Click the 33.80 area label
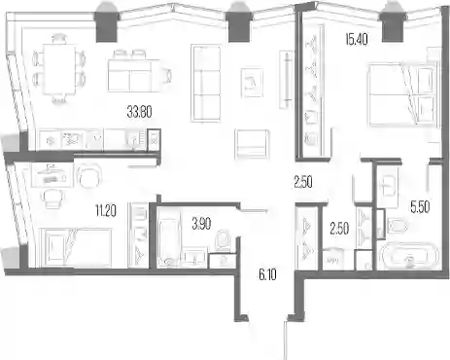point(140,112)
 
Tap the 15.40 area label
point(357,40)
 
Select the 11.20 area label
point(106,211)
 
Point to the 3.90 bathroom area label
point(201,224)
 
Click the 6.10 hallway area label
point(267,275)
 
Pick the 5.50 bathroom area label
point(420,207)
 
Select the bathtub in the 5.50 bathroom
point(410,256)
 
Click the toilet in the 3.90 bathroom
point(223,240)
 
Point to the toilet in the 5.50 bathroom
point(397,225)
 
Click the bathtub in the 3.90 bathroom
point(168,241)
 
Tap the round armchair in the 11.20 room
point(88,175)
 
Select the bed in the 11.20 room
point(75,248)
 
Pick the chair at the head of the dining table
point(59,39)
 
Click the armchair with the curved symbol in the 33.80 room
point(252,82)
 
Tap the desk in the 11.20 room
point(52,175)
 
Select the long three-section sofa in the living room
point(206,84)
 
